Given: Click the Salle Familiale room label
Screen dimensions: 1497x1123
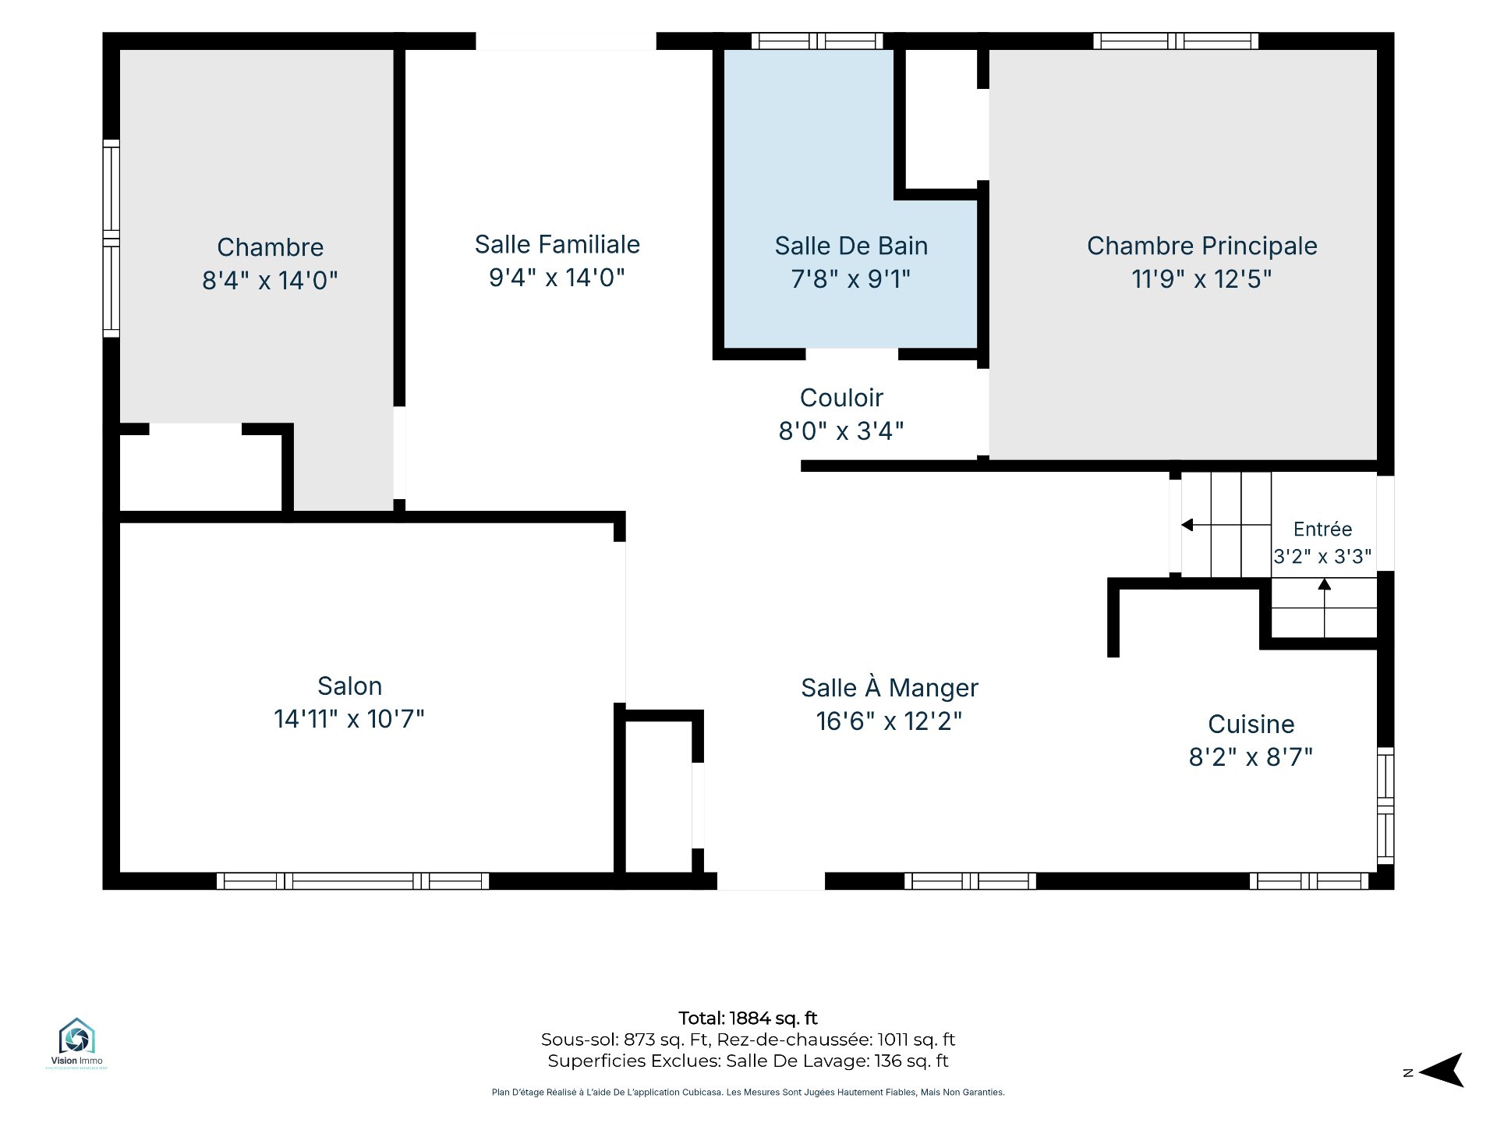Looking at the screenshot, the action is click(x=557, y=244).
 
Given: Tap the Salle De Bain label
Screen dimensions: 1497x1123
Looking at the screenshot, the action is click(x=851, y=246).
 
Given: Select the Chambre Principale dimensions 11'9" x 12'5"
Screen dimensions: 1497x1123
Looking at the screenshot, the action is click(x=1201, y=278).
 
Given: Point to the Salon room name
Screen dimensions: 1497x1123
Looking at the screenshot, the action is click(x=350, y=685).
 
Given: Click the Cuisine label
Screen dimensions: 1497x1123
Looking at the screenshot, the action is click(x=1251, y=724).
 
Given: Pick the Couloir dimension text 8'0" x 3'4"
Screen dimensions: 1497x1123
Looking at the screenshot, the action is click(x=841, y=430).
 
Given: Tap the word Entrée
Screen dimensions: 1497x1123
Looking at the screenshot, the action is click(x=1323, y=529).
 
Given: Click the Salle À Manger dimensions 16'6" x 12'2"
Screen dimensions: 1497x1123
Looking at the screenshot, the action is click(x=890, y=721).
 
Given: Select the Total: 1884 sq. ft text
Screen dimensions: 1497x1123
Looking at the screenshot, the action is click(x=748, y=1018).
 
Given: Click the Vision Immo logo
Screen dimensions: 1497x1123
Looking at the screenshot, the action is click(x=76, y=1042).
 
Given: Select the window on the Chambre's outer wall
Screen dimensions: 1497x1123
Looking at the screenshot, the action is click(x=111, y=239).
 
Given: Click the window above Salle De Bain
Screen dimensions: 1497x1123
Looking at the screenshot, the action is click(x=817, y=41).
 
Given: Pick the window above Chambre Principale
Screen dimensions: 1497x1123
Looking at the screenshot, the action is click(x=1176, y=41).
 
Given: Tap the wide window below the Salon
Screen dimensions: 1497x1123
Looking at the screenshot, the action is click(x=353, y=881).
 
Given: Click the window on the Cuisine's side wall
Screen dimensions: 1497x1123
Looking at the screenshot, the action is click(x=1386, y=806).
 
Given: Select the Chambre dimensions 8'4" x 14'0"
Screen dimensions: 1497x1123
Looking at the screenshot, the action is click(x=270, y=280).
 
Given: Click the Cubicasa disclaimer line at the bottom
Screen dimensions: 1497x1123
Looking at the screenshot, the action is click(x=748, y=1093).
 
